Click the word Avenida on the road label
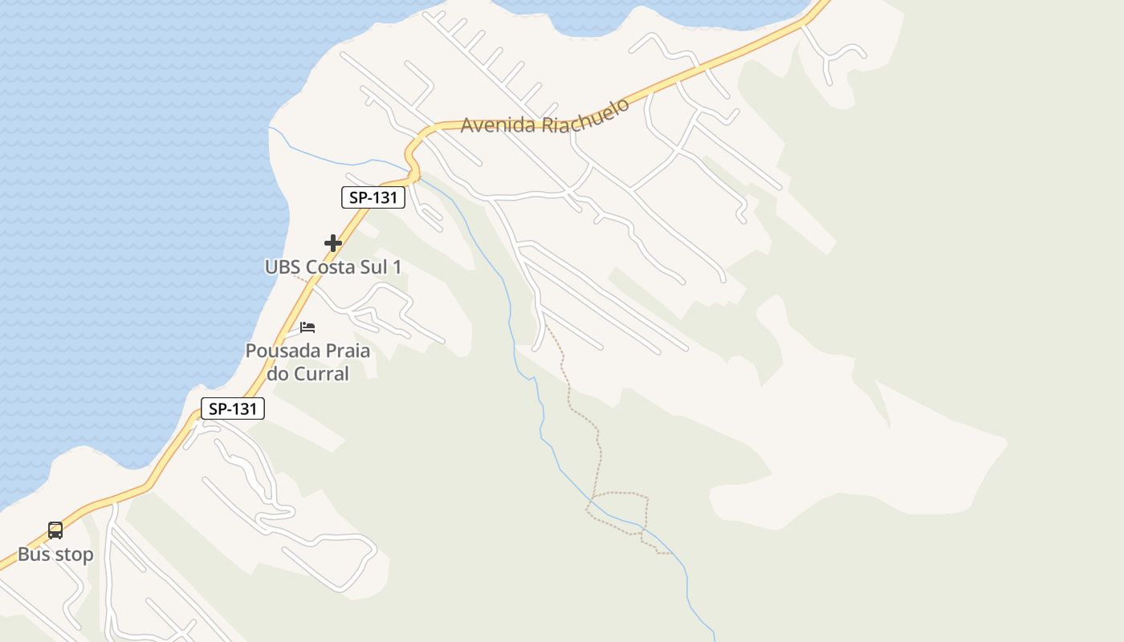coord(499,125)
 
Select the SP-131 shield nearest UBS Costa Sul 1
coord(373,197)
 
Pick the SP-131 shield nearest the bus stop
coord(233,408)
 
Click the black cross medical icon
coord(333,242)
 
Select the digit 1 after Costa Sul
coord(397,267)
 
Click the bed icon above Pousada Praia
coord(307,327)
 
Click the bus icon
coord(55,530)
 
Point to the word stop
coord(75,555)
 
